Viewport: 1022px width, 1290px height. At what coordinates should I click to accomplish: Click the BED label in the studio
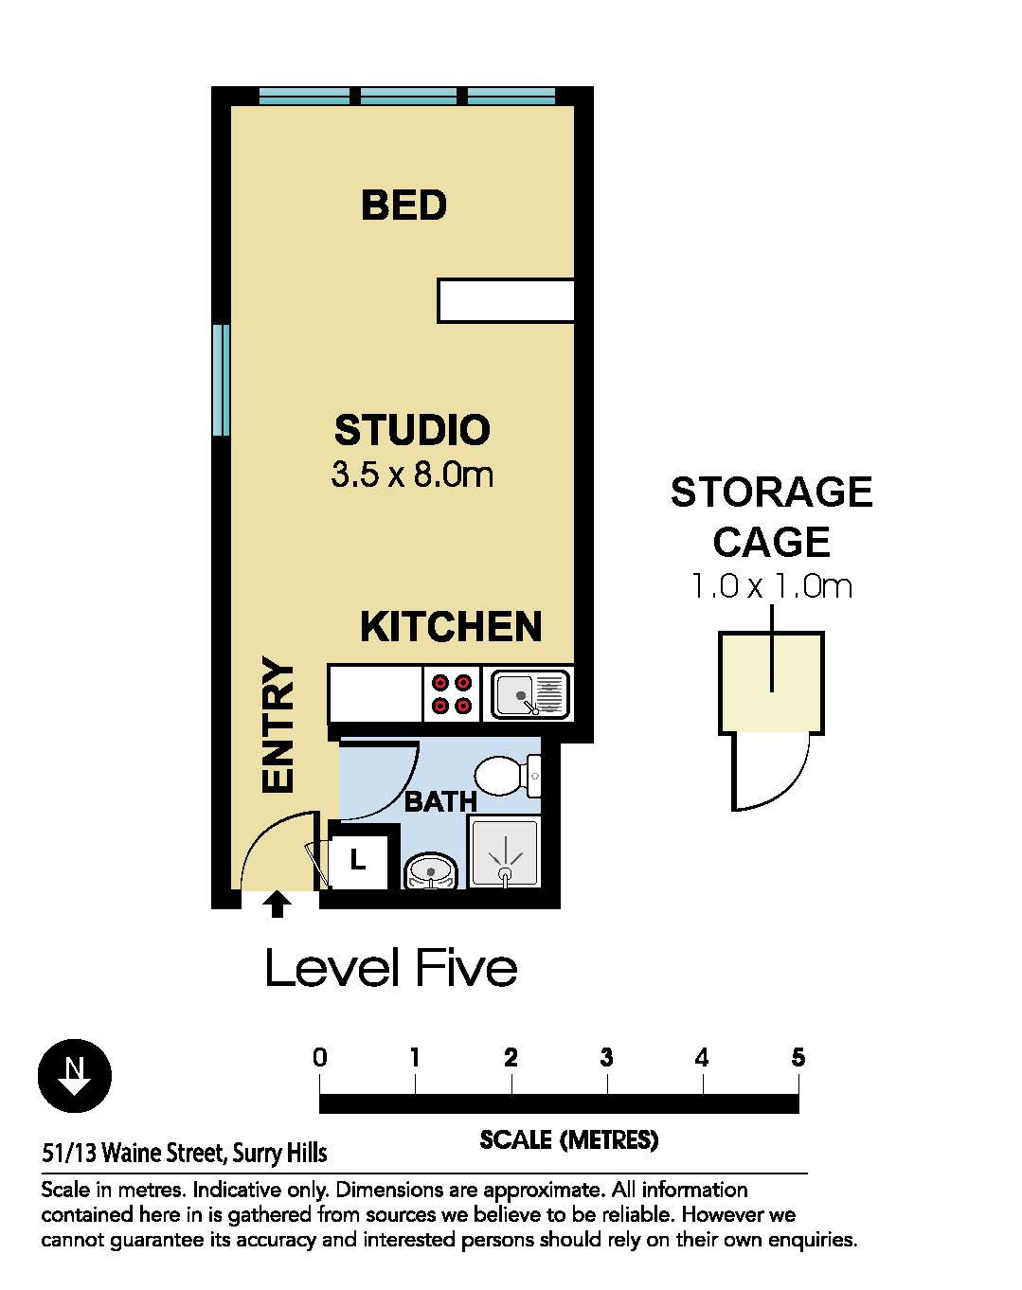403,205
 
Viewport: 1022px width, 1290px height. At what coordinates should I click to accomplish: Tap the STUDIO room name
412,430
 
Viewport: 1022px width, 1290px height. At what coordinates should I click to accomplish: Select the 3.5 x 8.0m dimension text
412,475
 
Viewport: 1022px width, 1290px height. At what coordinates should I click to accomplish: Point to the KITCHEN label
451,627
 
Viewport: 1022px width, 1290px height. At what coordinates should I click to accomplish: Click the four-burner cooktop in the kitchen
452,694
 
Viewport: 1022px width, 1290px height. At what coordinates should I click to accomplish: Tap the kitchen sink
529,694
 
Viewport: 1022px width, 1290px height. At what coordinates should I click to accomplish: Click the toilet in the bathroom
509,775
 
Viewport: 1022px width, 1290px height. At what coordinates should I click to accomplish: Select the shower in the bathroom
505,852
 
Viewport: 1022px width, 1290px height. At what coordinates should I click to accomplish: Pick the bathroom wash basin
430,871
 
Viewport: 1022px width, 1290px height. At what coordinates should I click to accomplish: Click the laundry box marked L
358,861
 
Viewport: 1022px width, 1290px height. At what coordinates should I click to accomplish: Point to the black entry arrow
277,904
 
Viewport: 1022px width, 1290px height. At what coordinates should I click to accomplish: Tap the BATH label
440,801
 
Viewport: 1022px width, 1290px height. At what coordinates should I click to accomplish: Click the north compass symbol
74,1076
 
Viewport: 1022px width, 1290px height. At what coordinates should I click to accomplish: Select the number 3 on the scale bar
606,1058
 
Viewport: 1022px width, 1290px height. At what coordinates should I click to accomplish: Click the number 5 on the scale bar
798,1058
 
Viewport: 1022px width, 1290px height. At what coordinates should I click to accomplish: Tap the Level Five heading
391,968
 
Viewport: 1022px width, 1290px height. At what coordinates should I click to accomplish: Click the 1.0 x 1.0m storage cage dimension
771,586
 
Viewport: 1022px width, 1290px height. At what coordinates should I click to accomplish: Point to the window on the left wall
222,380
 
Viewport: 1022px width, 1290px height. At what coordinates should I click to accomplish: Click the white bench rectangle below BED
506,300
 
